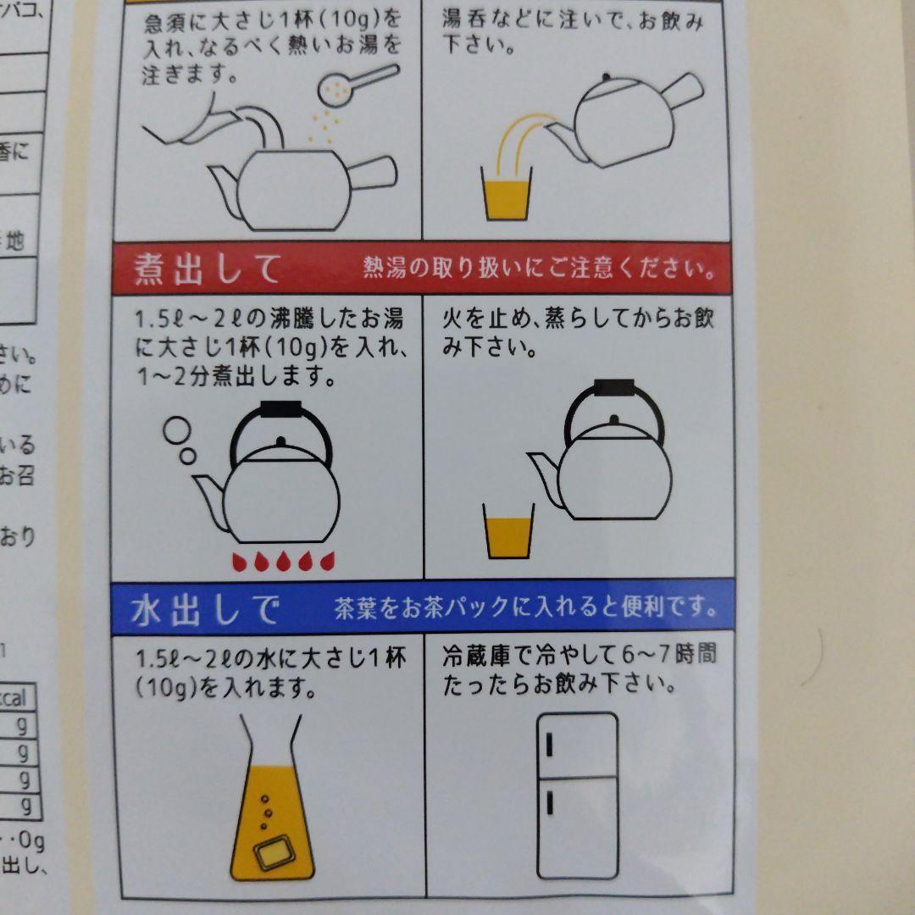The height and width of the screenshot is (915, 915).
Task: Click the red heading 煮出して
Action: click(x=208, y=269)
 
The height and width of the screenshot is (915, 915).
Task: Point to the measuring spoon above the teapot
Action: click(x=356, y=85)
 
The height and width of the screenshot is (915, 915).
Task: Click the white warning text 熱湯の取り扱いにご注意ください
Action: click(x=537, y=270)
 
